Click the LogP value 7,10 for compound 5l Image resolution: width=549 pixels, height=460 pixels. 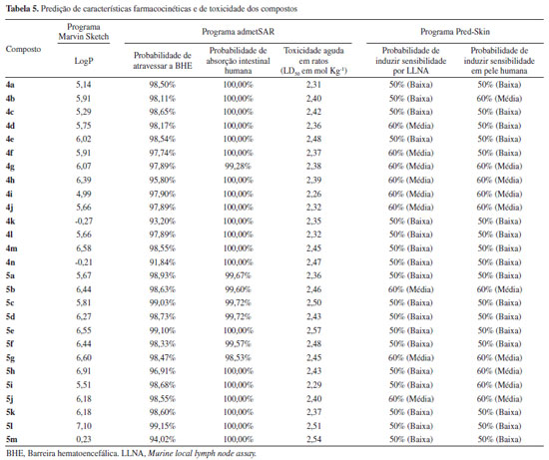[x=84, y=426]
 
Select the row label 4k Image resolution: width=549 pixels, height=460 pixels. [x=10, y=222]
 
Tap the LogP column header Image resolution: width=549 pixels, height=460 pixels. [x=84, y=61]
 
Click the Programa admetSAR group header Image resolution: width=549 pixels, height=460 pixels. [x=239, y=32]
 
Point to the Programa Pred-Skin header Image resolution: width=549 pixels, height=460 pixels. [x=455, y=32]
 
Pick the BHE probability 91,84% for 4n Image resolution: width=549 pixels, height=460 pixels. [x=163, y=262]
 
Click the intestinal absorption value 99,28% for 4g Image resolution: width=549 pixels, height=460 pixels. [x=239, y=167]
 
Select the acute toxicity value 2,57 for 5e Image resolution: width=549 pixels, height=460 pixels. [x=313, y=330]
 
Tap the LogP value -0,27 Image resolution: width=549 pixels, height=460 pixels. [x=84, y=222]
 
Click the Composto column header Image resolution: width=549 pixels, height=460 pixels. [x=23, y=49]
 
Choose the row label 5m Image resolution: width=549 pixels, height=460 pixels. [x=12, y=439]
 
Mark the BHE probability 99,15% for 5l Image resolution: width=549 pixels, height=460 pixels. [x=163, y=426]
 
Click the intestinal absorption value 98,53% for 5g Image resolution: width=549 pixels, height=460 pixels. [x=239, y=358]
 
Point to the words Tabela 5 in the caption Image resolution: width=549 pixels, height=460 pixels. [x=22, y=9]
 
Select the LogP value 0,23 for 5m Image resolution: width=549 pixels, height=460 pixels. [x=84, y=439]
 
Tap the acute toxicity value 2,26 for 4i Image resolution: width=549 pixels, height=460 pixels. [x=313, y=194]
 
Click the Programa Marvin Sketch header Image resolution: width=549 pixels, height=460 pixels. [x=84, y=32]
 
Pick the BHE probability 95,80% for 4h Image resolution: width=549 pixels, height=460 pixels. [x=163, y=180]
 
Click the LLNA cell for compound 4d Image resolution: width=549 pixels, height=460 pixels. [x=410, y=126]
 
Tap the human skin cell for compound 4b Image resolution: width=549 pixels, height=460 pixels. [x=499, y=99]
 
